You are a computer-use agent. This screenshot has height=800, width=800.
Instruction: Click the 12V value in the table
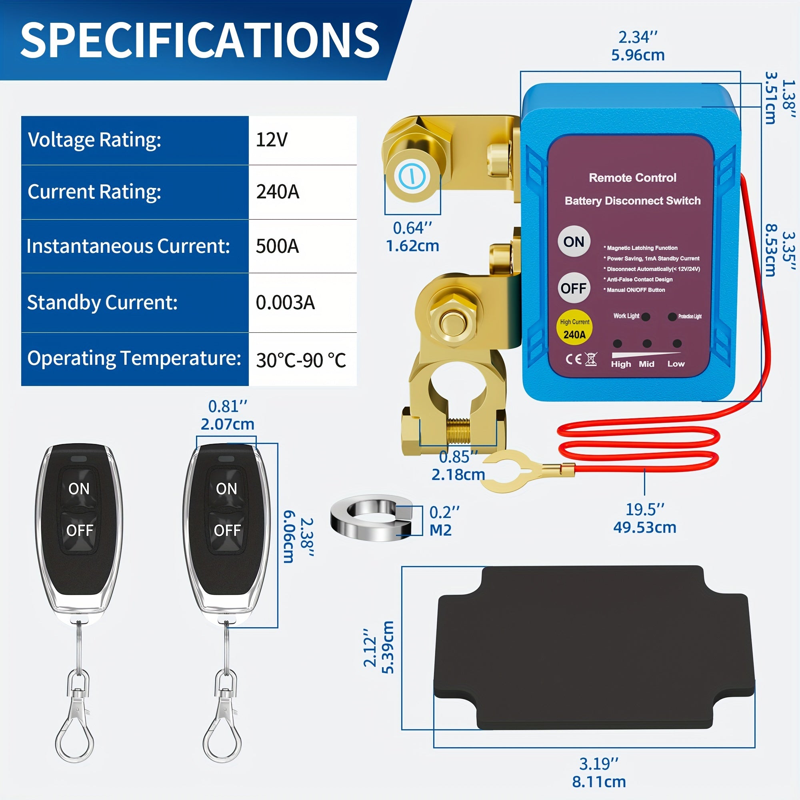coord(272,140)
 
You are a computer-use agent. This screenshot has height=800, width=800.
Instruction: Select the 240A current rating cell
coord(278,192)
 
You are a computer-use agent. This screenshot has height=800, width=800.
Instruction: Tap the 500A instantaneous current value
coord(277,246)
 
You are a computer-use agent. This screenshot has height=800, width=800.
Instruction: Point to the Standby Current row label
coord(102,303)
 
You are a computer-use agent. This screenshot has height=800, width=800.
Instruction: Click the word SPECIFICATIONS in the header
coord(200,40)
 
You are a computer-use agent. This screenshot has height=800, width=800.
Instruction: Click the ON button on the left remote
coord(79,489)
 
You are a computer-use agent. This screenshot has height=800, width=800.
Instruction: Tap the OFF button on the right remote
coord(227,530)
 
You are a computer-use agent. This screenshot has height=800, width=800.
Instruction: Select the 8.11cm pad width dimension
coord(599,782)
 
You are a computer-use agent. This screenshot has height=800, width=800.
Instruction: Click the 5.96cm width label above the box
coord(638,55)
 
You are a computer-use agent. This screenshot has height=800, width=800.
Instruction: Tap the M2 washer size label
coord(440,530)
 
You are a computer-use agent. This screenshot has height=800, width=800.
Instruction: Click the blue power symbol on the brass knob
coord(412,176)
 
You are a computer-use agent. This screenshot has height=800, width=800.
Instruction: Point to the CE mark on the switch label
coord(574,359)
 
